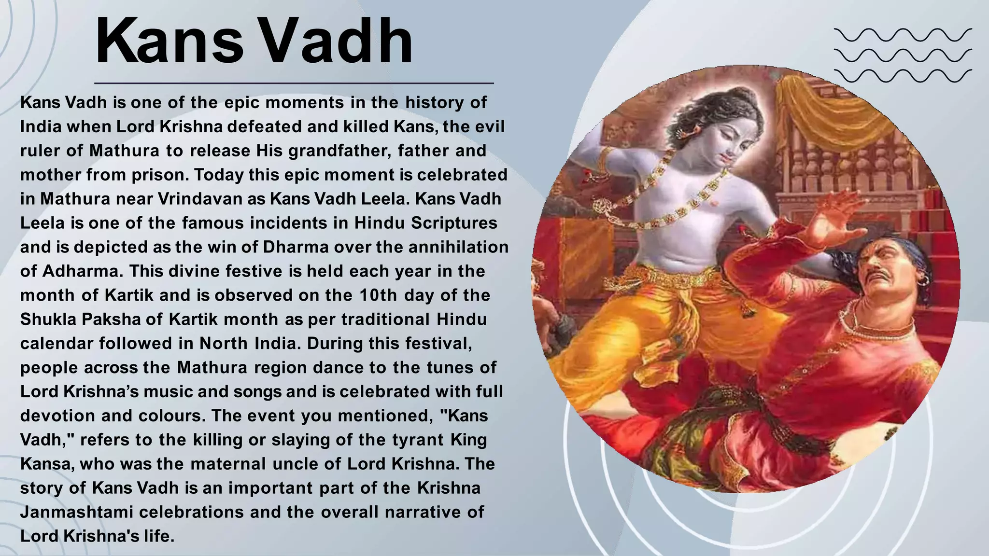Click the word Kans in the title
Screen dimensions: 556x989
169,42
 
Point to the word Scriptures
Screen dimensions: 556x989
454,223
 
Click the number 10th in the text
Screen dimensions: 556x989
378,295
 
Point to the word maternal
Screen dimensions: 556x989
228,464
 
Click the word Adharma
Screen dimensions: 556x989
79,271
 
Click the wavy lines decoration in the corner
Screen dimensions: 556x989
903,56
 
